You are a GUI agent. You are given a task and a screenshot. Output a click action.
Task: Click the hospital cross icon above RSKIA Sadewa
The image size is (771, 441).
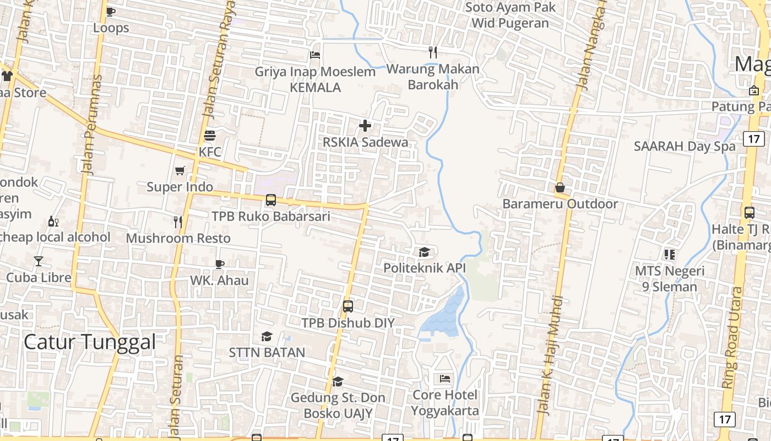[365, 126]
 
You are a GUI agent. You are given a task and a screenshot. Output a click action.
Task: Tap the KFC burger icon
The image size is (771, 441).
[209, 135]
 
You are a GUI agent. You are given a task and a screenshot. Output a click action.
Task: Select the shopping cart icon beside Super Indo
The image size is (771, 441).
[180, 170]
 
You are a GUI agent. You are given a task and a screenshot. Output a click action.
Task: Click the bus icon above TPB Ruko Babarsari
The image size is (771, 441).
[270, 200]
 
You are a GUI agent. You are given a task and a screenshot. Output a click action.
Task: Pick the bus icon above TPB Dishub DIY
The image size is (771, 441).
[348, 306]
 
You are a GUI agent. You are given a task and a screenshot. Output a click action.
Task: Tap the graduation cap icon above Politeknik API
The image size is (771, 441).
[424, 252]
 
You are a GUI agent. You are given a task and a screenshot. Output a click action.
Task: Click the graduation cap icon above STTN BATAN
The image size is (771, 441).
[267, 336]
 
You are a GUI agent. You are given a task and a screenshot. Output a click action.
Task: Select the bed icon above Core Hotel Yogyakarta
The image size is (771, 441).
[444, 379]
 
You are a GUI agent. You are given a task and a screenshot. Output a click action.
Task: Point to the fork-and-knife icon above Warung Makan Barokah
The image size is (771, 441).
[433, 52]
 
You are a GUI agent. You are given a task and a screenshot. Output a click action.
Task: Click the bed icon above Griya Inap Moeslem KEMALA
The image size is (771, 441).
[314, 55]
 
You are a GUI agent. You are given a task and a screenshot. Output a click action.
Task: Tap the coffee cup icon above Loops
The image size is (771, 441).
[111, 12]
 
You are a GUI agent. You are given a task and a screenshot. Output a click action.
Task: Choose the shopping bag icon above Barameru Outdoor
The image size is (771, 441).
[560, 187]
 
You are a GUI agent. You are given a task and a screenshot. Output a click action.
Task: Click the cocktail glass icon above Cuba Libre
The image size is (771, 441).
[39, 261]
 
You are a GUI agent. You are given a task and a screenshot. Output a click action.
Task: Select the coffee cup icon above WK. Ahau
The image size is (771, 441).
[219, 264]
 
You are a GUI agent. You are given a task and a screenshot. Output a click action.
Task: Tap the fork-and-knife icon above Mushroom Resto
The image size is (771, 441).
[178, 222]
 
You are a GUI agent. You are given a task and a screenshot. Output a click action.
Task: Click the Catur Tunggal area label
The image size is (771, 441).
[90, 342]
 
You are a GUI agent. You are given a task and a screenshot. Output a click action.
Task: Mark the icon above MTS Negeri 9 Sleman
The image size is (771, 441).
[669, 254]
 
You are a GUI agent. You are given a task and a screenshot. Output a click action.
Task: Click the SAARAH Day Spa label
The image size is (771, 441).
[685, 146]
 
